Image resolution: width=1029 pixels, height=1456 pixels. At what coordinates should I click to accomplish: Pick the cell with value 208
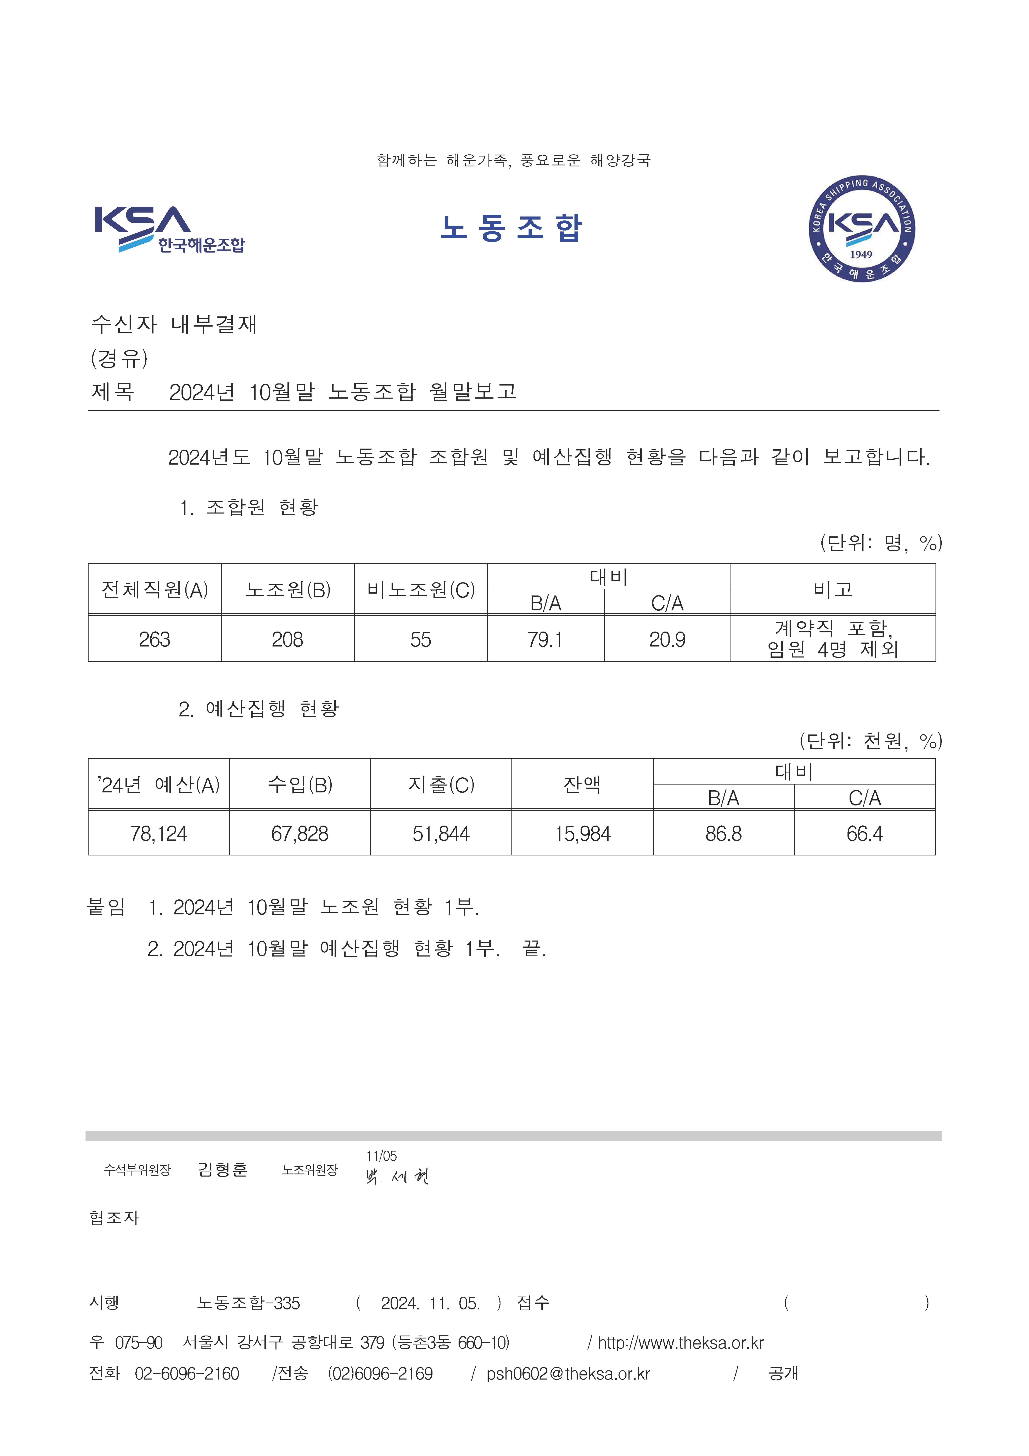point(287,639)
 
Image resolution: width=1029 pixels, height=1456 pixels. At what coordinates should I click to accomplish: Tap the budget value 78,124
point(159,833)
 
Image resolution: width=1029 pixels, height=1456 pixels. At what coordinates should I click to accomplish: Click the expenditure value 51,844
point(441,833)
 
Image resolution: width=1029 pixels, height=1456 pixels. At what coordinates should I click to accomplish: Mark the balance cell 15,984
point(582,833)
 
